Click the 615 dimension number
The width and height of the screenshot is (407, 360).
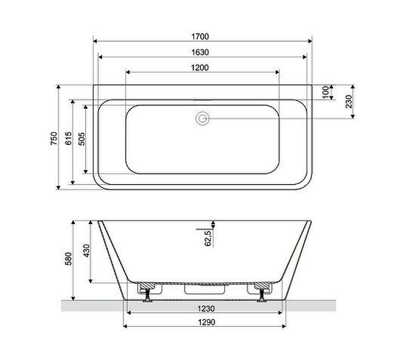[x=68, y=138]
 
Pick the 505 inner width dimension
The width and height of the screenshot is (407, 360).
[x=81, y=138]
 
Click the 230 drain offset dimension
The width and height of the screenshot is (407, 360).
[x=349, y=102]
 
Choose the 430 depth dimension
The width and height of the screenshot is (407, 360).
[x=86, y=250]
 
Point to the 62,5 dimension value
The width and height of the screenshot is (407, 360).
[x=208, y=237]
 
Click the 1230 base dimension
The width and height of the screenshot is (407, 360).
[x=203, y=308]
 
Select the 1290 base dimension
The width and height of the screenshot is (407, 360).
[x=203, y=322]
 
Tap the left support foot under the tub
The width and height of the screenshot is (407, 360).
[x=148, y=295]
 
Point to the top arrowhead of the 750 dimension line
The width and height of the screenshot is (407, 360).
[x=60, y=87]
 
